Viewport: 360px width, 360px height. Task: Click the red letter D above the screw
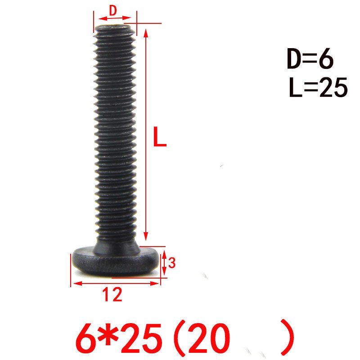coord(113,10)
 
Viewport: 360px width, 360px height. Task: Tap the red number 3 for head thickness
coord(172,263)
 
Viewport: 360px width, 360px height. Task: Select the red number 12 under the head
coord(112,294)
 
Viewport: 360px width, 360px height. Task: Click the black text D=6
coord(310,58)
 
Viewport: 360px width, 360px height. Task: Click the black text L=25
coord(318,87)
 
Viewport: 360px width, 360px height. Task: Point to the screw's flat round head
coord(116,261)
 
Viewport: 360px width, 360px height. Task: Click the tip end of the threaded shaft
coord(114,28)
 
